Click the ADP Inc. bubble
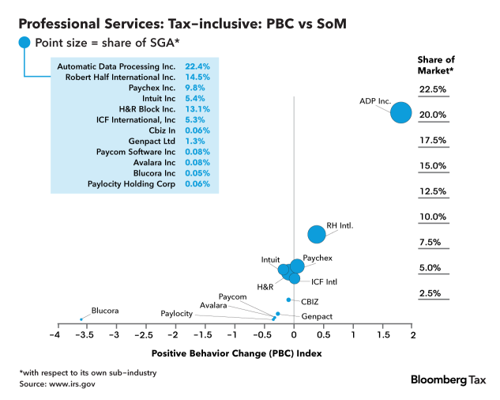tap(401, 112)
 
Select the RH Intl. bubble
tap(317, 234)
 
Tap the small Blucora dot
tap(81, 319)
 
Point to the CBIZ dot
tap(289, 300)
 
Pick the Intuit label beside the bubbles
tap(270, 259)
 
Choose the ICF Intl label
tap(324, 281)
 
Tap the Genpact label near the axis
tap(316, 316)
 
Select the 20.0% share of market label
tap(433, 115)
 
